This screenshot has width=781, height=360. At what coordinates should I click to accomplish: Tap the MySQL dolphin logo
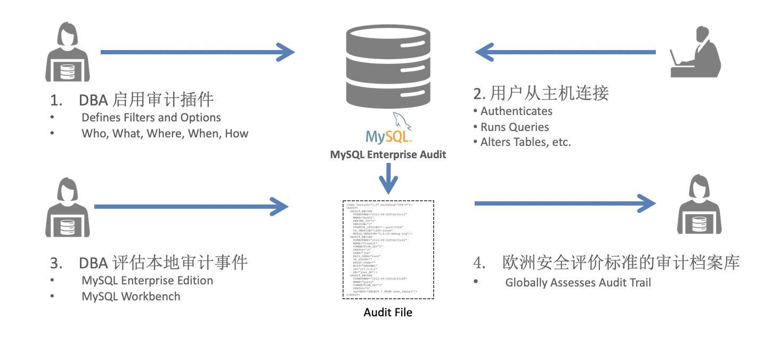point(388,129)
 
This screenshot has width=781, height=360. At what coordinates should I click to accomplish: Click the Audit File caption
point(388,312)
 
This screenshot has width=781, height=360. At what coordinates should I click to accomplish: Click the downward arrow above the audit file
point(388,179)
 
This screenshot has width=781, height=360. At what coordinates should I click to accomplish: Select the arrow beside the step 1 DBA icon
point(197,52)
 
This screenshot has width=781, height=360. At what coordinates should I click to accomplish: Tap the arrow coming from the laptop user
point(565,52)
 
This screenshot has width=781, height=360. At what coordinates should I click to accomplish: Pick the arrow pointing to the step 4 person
point(565,203)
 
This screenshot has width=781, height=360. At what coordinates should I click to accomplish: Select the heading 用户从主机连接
point(541,94)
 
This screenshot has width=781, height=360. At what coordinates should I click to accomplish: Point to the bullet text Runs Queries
point(514,127)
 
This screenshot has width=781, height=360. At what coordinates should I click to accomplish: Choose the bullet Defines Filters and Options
point(151,118)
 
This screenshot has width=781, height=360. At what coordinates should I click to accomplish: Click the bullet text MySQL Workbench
point(131,297)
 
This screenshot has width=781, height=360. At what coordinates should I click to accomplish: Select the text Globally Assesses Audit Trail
point(578,283)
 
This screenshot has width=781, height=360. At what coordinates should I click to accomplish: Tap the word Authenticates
point(516,111)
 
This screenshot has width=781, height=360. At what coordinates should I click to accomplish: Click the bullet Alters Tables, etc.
point(525,142)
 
